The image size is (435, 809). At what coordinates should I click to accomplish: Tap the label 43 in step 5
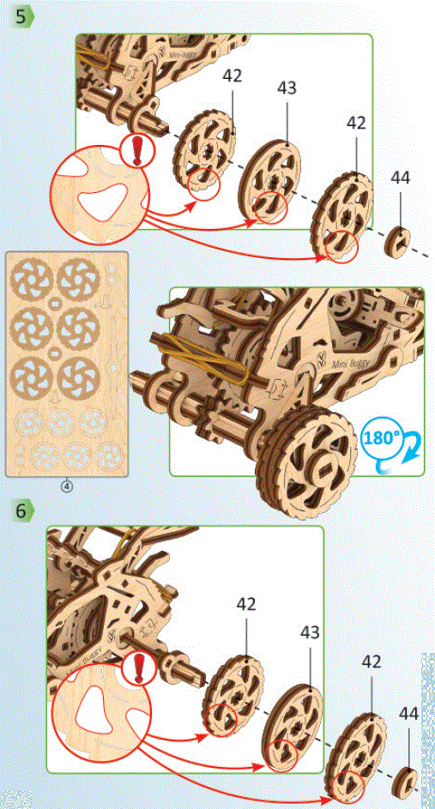coord(287,88)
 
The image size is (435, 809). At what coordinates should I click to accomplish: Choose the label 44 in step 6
coord(408,714)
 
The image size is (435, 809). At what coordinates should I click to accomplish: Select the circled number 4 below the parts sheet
coord(67,486)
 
